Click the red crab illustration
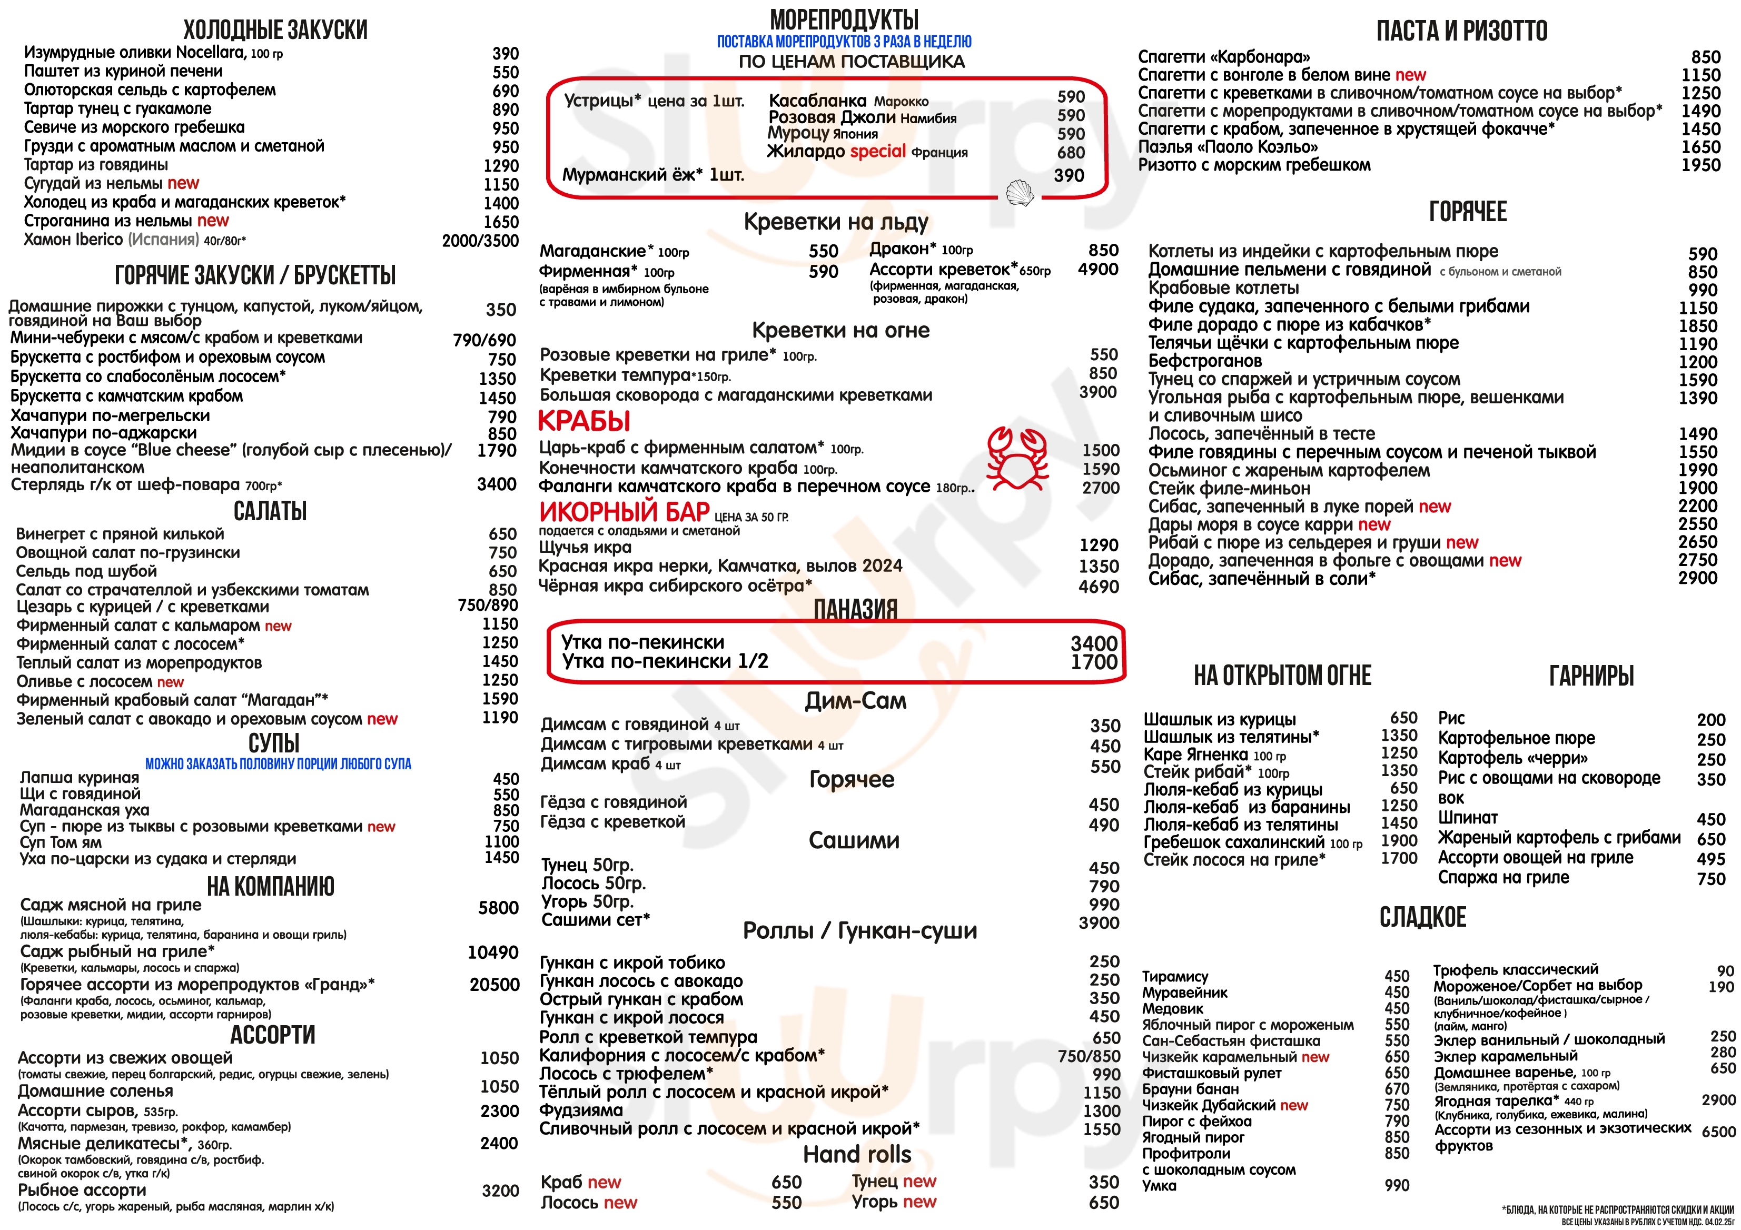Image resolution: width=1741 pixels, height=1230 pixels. point(1017,458)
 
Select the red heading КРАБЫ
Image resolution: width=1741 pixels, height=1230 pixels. point(584,421)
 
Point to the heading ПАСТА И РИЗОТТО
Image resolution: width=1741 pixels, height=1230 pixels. point(1461,31)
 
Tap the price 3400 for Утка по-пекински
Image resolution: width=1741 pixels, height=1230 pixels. point(1093,643)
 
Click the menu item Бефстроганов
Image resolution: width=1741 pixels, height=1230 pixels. point(1205,361)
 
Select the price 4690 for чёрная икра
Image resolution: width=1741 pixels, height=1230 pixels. point(1099,586)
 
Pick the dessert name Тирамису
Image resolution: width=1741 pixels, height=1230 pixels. point(1175,977)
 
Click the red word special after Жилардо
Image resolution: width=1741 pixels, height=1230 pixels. point(877,151)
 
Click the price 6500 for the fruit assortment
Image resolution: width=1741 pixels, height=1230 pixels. point(1718,1132)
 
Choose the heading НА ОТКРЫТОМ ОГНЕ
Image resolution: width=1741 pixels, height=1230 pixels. point(1282,675)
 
